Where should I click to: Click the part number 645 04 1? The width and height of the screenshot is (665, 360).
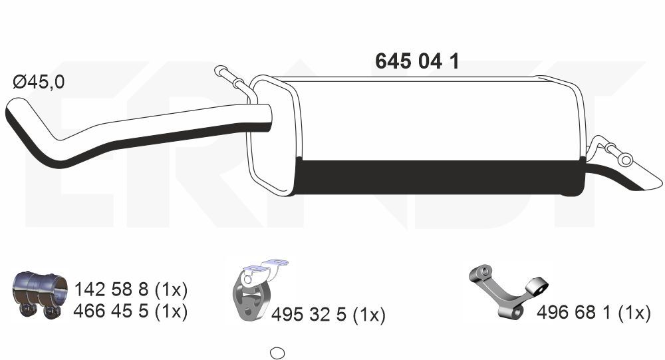tap(417, 61)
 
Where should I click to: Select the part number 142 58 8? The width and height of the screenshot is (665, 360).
tap(112, 290)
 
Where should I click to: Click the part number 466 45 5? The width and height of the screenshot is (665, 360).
tap(112, 310)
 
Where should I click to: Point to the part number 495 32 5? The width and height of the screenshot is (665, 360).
tap(309, 315)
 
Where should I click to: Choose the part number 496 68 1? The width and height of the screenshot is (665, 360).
tap(574, 313)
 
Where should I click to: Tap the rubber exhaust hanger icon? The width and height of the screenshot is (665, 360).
tap(247, 300)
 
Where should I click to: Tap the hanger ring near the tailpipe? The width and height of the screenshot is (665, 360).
tap(624, 159)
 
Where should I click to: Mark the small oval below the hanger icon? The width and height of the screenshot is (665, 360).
tap(278, 353)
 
